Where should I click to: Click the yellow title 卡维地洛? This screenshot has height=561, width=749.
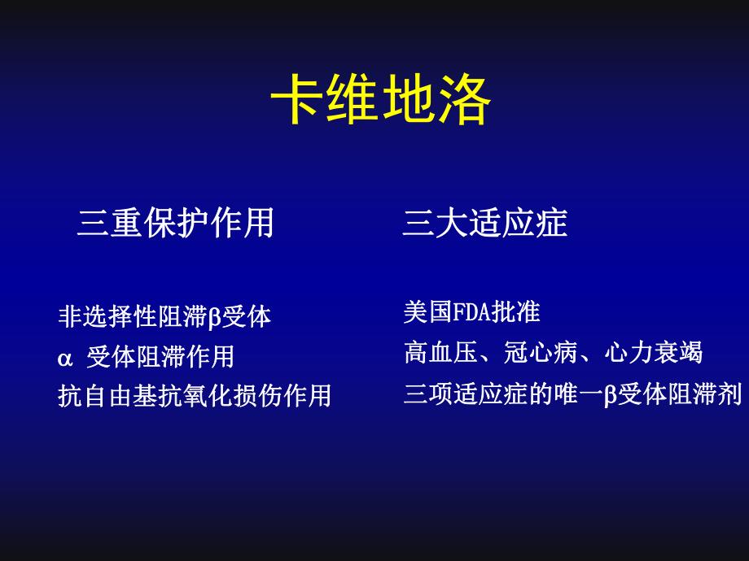[x=381, y=100]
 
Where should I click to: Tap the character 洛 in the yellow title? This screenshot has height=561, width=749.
[x=464, y=100]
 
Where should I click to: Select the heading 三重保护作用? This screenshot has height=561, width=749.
[x=175, y=223]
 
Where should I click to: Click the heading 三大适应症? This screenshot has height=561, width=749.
[x=484, y=223]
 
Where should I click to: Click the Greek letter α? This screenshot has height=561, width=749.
[x=66, y=357]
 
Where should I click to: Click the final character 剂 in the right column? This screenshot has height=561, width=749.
[x=730, y=395]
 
